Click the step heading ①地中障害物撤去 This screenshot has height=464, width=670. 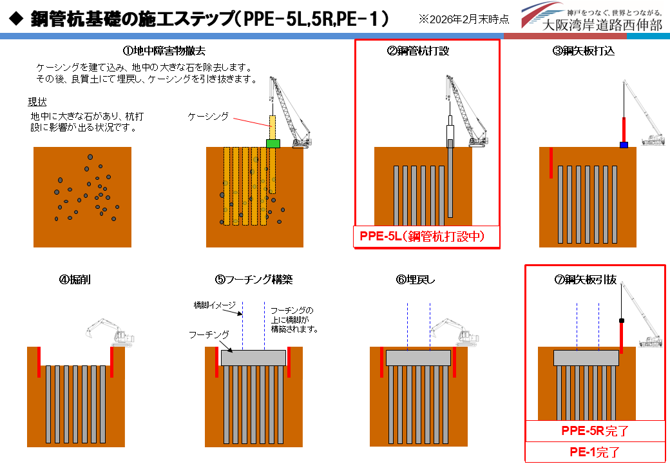[164, 51]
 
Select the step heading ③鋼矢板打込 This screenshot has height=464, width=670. [584, 51]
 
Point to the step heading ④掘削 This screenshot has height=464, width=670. [75, 280]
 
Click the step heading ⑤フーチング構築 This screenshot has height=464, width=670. [254, 280]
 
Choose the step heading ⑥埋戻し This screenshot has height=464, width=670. [416, 280]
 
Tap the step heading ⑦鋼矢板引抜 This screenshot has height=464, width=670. [585, 280]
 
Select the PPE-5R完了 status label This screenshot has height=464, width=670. [595, 430]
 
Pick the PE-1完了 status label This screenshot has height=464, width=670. [595, 452]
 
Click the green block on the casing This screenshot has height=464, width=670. [273, 143]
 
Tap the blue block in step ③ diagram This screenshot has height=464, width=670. [624, 144]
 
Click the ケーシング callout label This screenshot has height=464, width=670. [208, 116]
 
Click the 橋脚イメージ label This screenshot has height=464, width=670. [215, 305]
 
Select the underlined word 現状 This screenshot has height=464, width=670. [37, 102]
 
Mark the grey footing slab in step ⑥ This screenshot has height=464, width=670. [418, 358]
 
